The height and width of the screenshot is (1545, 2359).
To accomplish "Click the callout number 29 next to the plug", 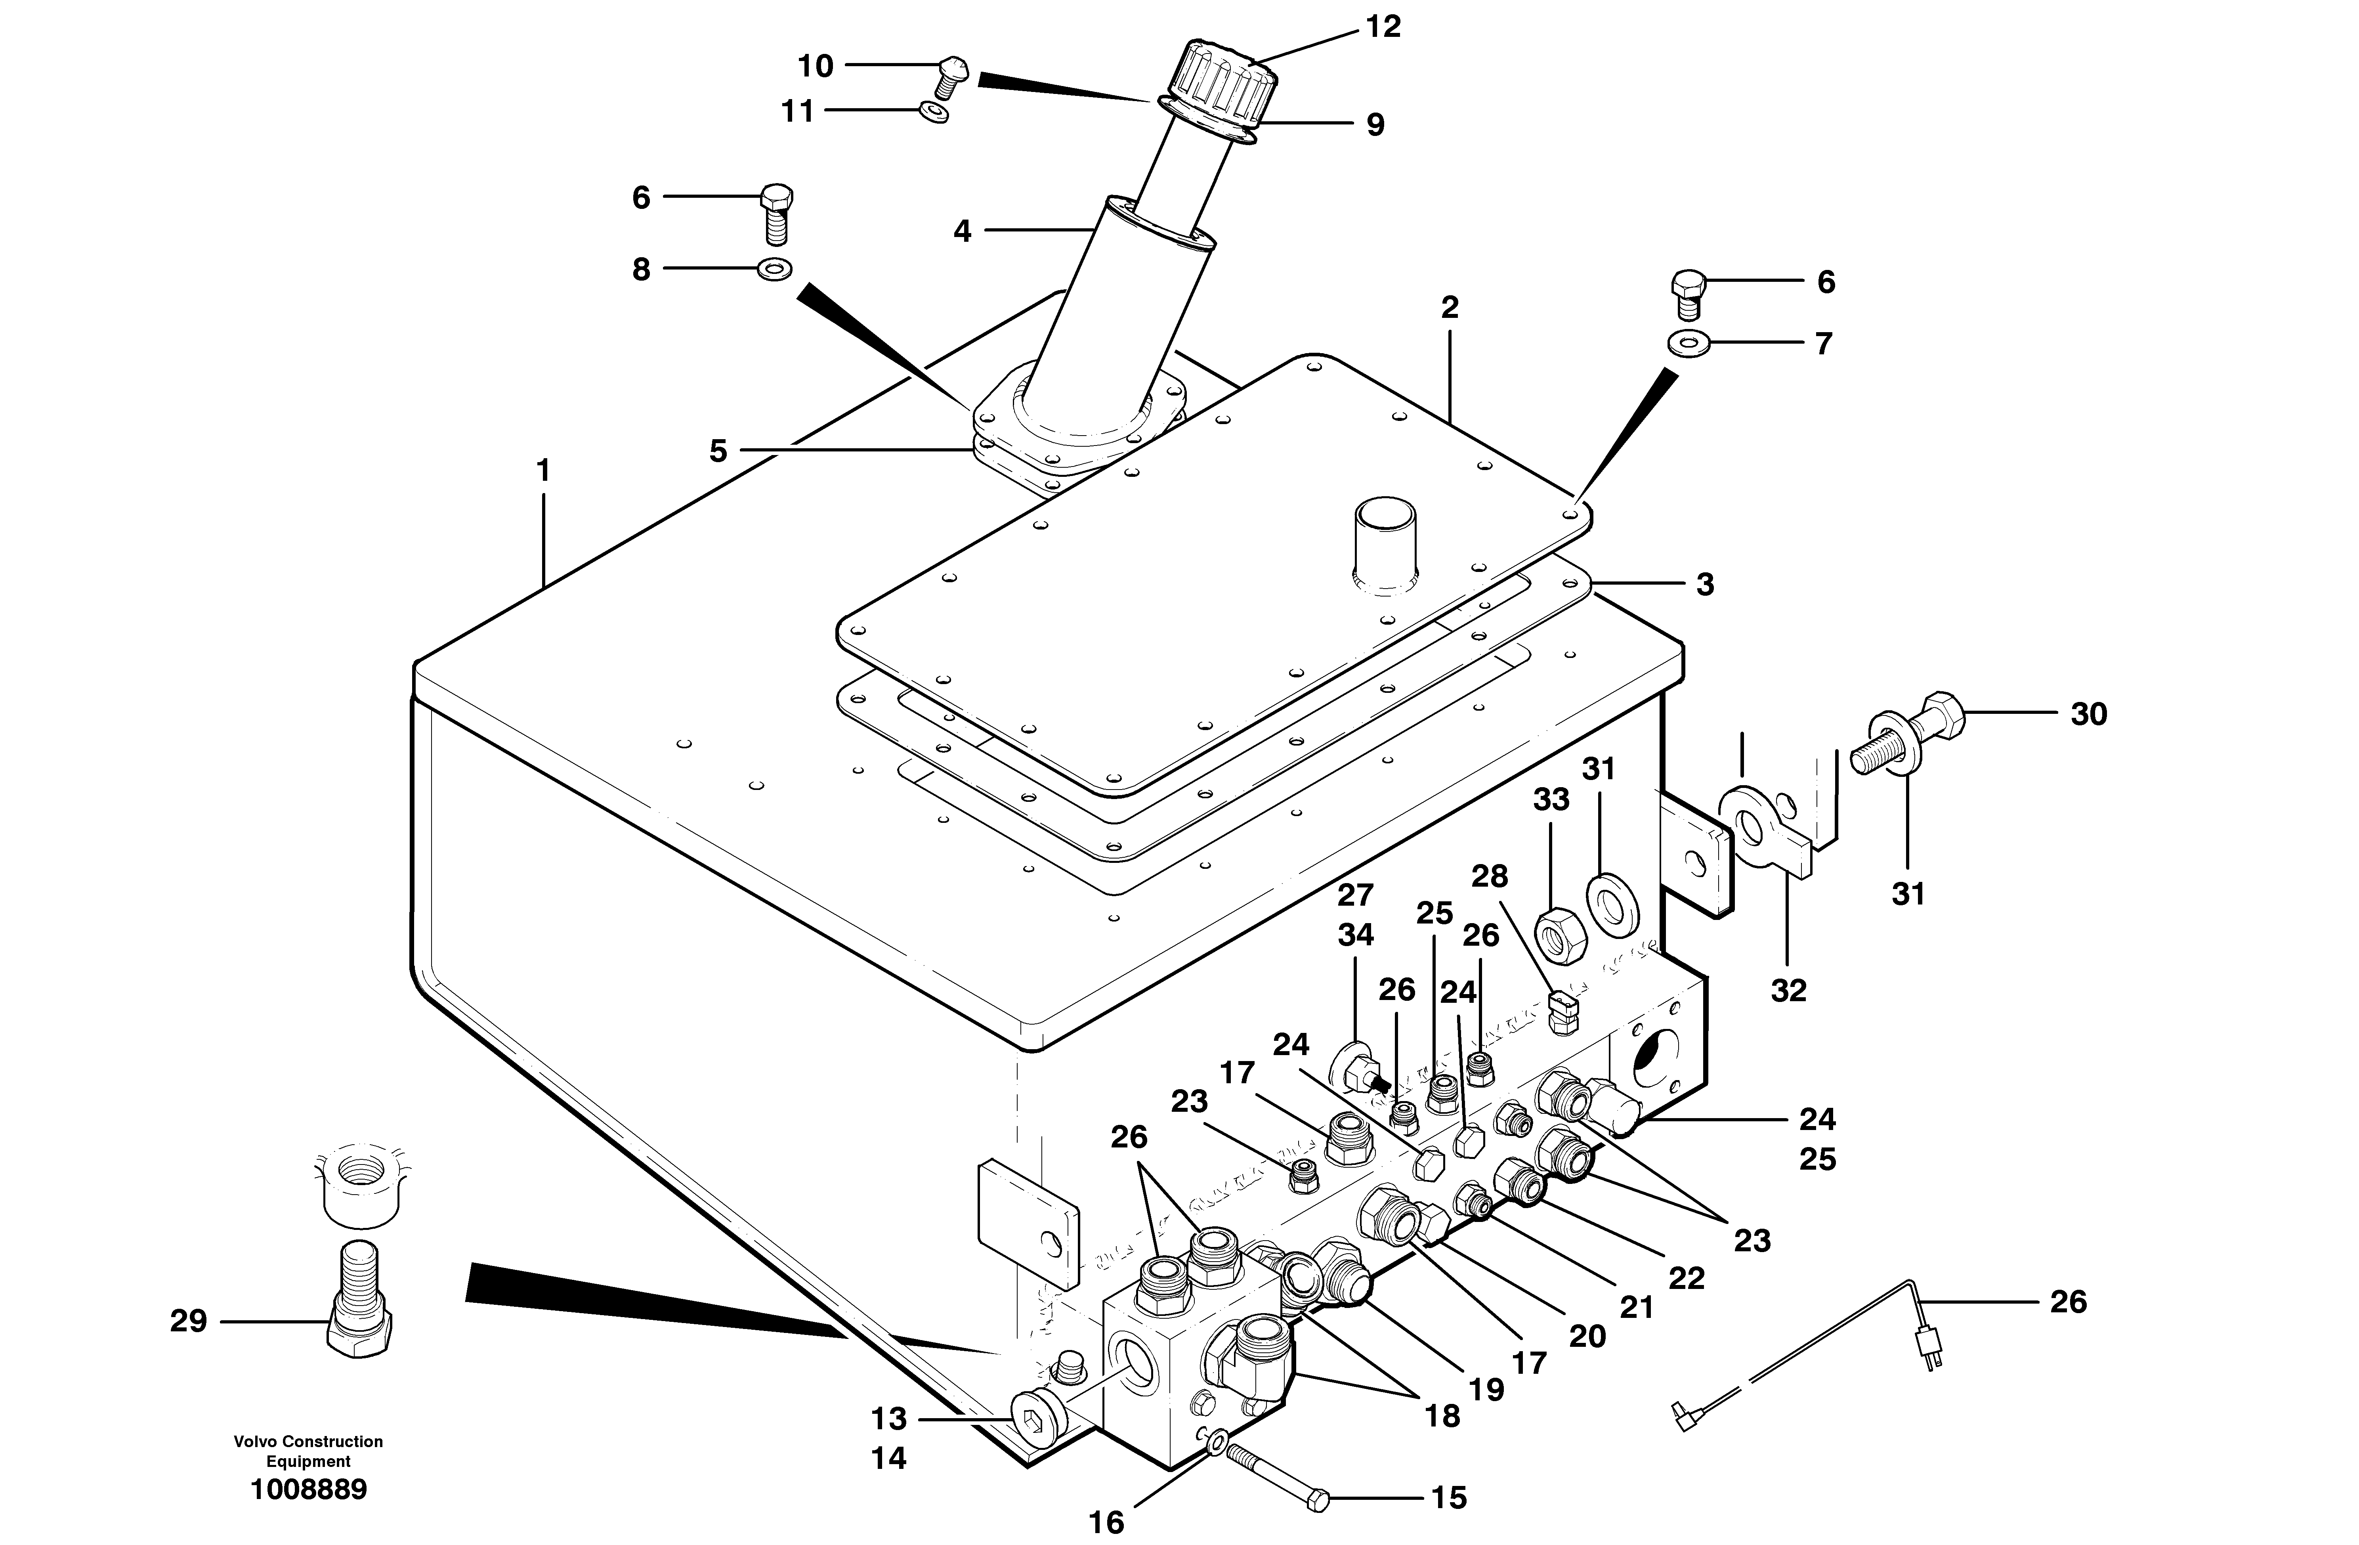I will point(188,1321).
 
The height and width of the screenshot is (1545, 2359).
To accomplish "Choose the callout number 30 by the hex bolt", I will point(2088,714).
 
